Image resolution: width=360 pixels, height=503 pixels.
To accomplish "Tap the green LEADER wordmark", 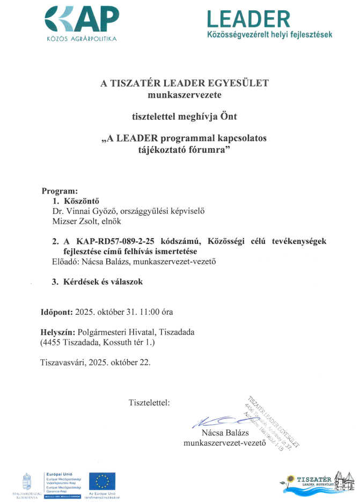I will (248, 19).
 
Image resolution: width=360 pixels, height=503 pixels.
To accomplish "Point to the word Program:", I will (60, 190).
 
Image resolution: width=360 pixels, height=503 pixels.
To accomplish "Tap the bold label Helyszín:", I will (58, 332).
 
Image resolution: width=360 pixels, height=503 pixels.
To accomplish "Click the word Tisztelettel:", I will (149, 402).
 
